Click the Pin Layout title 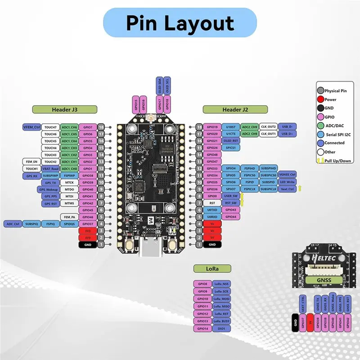point(180,23)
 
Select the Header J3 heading point(64,109)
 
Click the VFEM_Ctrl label point(31,127)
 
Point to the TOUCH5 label point(50,141)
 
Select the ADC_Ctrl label point(12,224)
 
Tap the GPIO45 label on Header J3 point(87,210)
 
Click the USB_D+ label point(287,134)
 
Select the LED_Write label point(287,182)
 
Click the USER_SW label point(230,196)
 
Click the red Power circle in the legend point(320,99)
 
